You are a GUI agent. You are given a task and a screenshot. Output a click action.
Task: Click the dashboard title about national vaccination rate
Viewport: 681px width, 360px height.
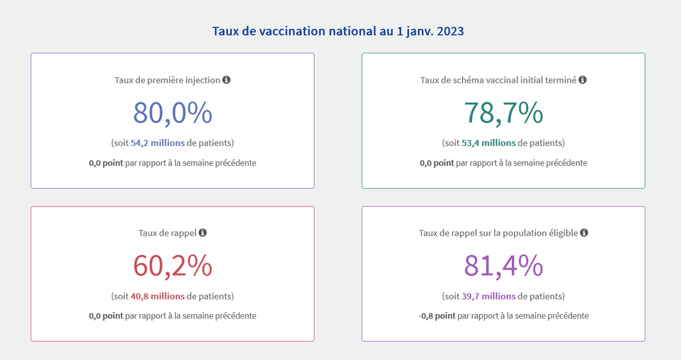(x=338, y=31)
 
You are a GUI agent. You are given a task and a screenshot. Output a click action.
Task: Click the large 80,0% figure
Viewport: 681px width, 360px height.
(x=172, y=112)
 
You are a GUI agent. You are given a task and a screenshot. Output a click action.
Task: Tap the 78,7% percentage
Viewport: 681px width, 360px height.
(x=503, y=112)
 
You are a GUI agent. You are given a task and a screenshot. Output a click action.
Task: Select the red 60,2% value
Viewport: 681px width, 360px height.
(x=172, y=266)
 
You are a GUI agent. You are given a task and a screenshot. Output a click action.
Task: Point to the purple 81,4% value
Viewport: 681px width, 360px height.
(x=503, y=266)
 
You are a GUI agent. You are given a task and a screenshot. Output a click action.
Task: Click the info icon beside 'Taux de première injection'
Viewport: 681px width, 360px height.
(x=226, y=80)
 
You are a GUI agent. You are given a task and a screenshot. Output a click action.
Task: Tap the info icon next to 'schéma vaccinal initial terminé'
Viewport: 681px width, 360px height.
(x=583, y=80)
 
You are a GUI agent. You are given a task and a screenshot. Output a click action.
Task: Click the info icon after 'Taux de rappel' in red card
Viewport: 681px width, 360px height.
(x=203, y=233)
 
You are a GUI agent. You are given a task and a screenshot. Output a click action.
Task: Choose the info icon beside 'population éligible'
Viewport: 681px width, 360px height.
(x=584, y=233)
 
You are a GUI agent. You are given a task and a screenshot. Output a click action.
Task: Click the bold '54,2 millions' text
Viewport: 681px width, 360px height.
(x=158, y=143)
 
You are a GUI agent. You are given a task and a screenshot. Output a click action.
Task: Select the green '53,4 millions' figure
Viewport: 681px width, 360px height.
(x=489, y=143)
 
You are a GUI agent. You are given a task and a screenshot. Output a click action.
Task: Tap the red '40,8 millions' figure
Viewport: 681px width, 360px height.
(x=158, y=296)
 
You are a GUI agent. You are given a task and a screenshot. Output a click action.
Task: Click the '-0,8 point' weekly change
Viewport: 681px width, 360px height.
(x=437, y=316)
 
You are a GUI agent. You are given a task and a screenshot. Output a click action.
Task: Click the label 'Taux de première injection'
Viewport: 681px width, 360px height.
(x=167, y=80)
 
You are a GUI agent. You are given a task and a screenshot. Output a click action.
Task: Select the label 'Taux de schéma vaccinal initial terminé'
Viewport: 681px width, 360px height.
(x=498, y=80)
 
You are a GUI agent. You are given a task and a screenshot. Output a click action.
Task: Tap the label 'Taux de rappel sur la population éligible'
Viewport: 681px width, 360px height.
(x=498, y=233)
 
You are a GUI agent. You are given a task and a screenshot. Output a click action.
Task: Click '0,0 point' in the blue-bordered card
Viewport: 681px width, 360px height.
(x=106, y=163)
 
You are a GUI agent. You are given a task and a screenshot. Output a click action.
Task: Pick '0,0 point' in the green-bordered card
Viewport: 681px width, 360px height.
(x=437, y=163)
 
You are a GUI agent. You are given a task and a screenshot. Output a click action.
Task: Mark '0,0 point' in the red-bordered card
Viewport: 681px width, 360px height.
(x=106, y=316)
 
